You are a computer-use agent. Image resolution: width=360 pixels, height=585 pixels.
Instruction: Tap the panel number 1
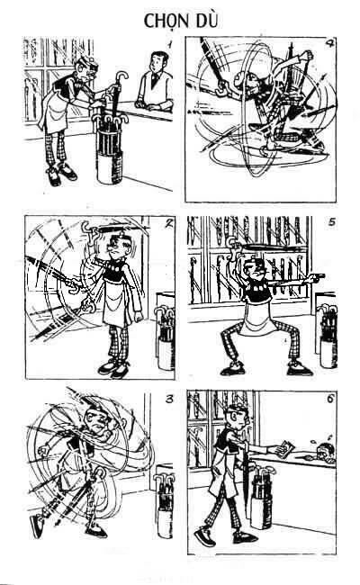pyautogui.click(x=169, y=45)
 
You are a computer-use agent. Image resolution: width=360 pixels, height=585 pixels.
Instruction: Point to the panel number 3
pyautogui.click(x=168, y=399)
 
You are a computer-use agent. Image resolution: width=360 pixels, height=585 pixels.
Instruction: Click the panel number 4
pyautogui.click(x=329, y=44)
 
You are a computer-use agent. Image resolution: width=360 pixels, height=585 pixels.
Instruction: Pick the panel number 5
pyautogui.click(x=331, y=222)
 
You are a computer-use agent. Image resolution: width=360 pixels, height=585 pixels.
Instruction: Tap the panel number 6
pyautogui.click(x=330, y=399)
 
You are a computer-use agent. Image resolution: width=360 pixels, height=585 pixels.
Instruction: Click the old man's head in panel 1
pyautogui.click(x=87, y=68)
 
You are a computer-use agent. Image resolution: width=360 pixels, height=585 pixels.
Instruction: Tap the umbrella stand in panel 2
pyautogui.click(x=165, y=337)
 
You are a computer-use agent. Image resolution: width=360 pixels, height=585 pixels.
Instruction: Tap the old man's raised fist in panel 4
pyautogui.click(x=308, y=55)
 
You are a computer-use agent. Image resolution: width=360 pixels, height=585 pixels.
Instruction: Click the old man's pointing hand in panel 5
pyautogui.click(x=317, y=277)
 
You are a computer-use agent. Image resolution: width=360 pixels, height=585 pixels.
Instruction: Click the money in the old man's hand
pyautogui.click(x=286, y=446)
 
